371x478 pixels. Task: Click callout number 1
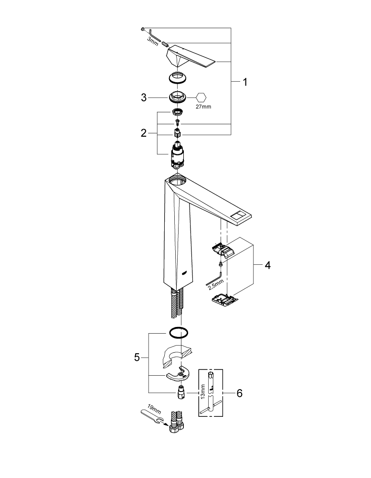245,82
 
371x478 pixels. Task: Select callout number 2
143,133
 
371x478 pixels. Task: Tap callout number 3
143,98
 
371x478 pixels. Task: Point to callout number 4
267,265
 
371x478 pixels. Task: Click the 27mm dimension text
203,107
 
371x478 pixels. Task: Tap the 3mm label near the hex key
153,42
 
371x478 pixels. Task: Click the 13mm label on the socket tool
202,391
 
